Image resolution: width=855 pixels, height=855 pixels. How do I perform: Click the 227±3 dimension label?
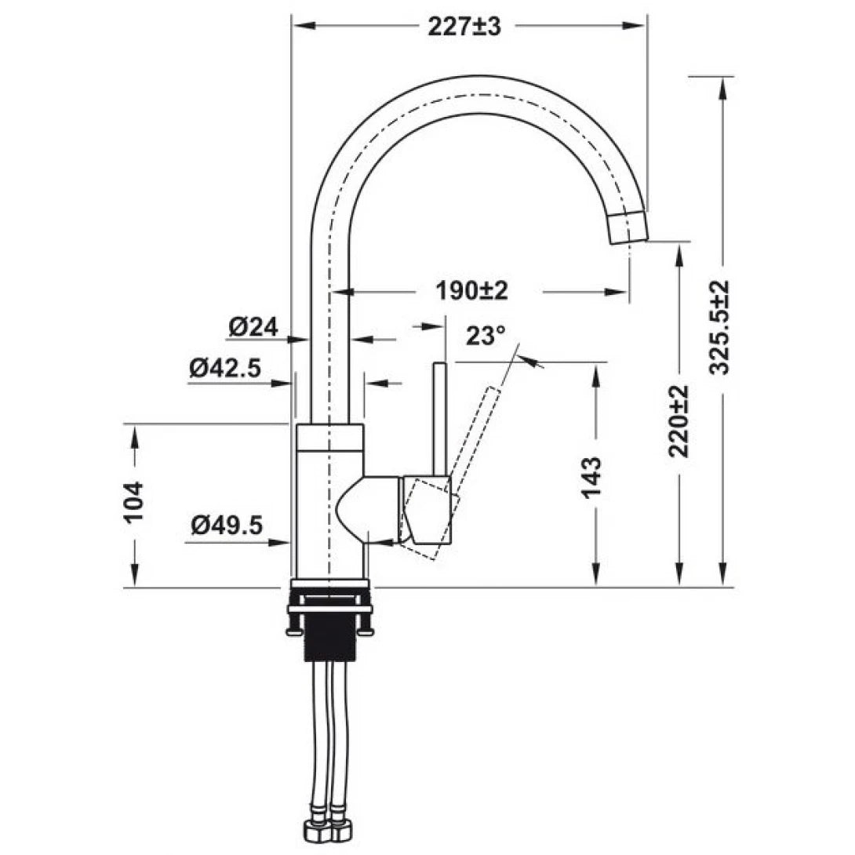pos(464,27)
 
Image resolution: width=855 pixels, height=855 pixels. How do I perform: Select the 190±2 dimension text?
pos(472,291)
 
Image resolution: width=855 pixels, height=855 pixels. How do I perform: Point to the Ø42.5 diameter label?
pos(224,368)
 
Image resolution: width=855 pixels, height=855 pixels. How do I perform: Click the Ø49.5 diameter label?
pos(226,525)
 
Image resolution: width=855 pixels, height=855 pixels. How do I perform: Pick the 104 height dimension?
pos(134,502)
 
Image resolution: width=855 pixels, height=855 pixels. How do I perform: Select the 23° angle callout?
pos(486,337)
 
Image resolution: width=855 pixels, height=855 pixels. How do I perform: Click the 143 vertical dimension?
pos(593,478)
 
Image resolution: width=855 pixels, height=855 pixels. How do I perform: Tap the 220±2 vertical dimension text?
pos(679,421)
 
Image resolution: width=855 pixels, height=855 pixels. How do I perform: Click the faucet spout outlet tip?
pos(629,228)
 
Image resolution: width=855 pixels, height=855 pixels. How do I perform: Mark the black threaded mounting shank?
pos(329,635)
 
